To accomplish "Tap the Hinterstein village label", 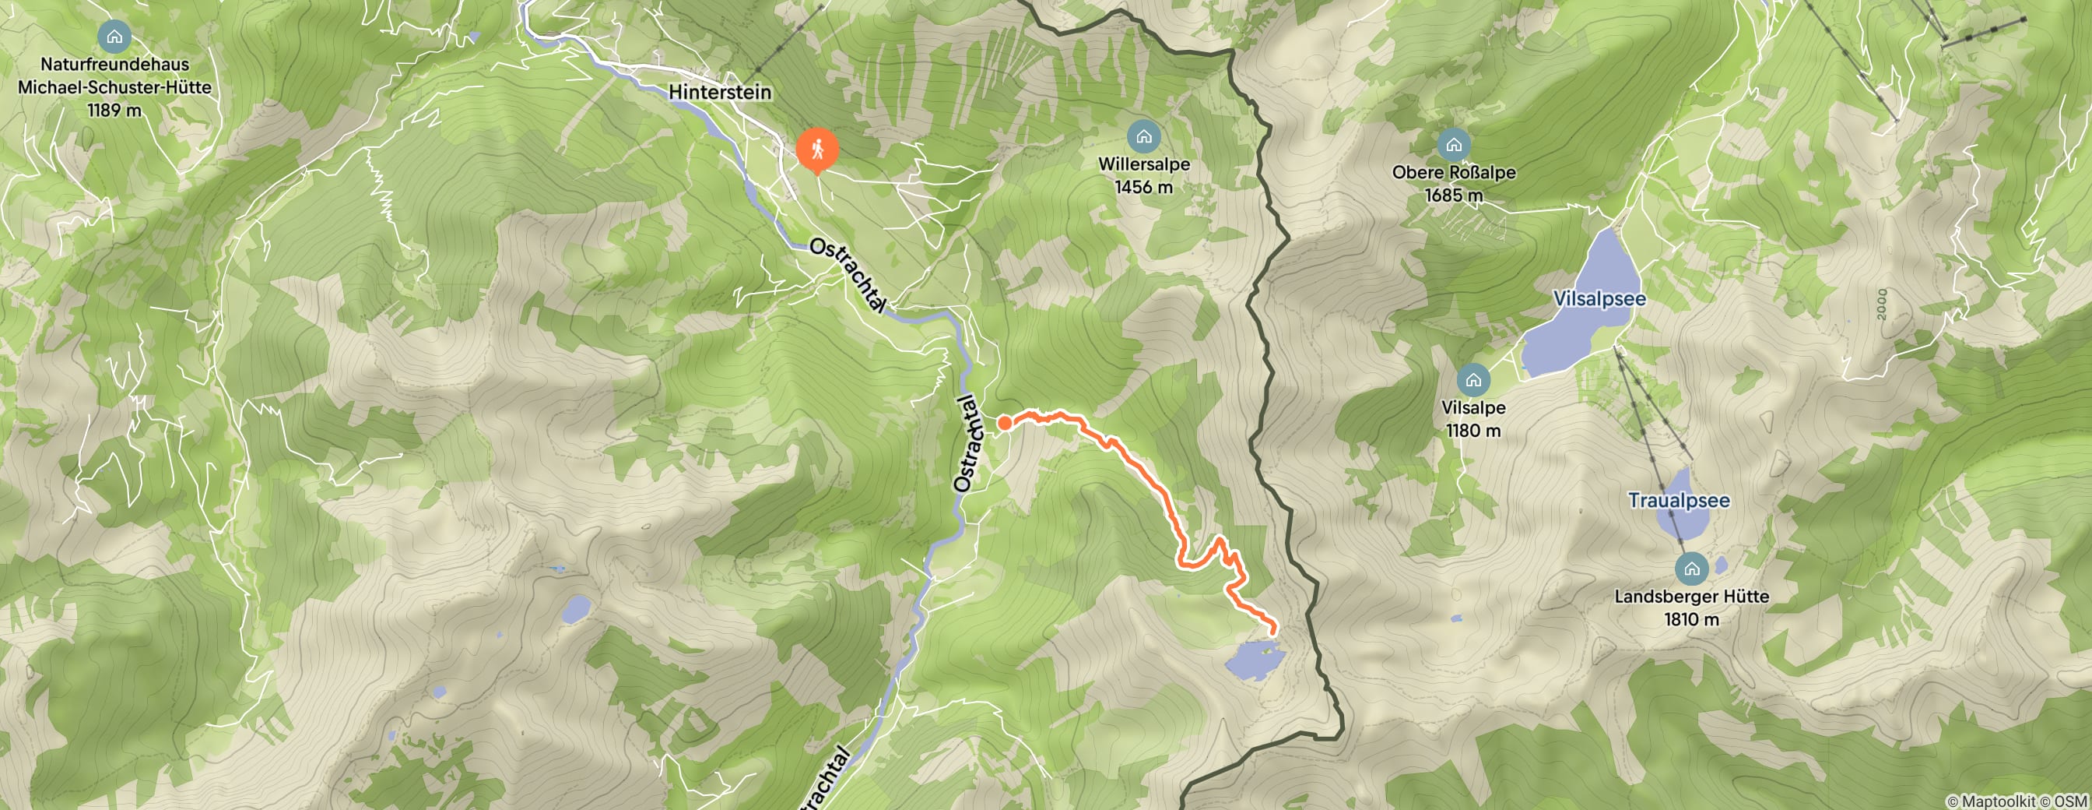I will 720,92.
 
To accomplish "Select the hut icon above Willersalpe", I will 1143,136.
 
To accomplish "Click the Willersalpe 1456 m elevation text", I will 1143,188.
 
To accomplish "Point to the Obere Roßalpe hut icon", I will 1453,146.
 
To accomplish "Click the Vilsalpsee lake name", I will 1599,299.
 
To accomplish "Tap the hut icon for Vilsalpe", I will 1473,380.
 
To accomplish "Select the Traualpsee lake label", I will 1679,501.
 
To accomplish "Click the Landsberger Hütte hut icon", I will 1692,569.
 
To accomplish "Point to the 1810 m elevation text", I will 1692,620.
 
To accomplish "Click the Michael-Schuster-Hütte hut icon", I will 114,37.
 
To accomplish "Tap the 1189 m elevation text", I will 114,111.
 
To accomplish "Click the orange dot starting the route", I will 1005,422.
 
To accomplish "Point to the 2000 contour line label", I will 1883,304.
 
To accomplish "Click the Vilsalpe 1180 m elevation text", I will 1473,431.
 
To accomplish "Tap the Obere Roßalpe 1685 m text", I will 1453,195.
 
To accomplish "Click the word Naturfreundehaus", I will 114,64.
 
